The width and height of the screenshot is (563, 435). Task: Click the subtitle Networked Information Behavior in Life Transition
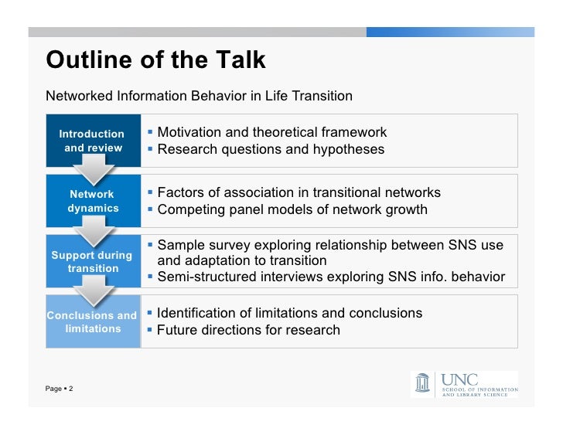click(199, 97)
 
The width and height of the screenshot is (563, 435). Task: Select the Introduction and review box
click(92, 140)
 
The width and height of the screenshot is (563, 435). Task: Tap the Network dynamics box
click(92, 201)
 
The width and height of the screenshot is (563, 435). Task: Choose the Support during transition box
click(92, 261)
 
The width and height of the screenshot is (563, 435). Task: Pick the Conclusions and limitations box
click(92, 321)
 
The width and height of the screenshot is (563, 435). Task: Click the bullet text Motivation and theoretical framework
click(271, 132)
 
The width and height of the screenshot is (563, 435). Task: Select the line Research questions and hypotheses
click(270, 149)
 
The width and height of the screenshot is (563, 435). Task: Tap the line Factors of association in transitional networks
click(299, 192)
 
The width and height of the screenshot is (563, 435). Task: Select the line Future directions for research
click(248, 330)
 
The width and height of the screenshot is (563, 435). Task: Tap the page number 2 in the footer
click(70, 388)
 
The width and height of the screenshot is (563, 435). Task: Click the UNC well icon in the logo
click(422, 384)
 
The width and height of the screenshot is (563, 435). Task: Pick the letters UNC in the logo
click(459, 379)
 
